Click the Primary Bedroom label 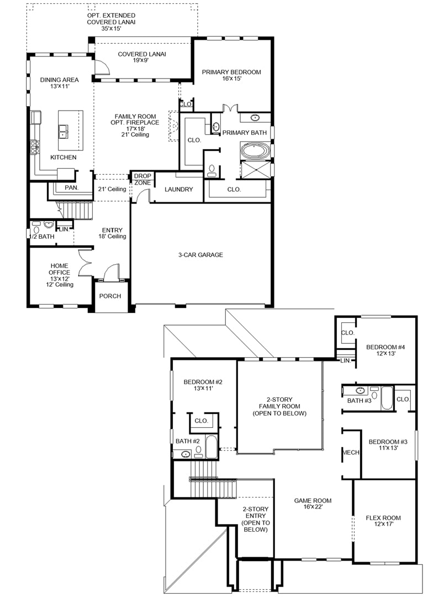[x=231, y=75]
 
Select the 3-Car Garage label [x=200, y=255]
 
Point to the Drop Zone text [x=142, y=179]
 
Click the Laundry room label [x=179, y=189]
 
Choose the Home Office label [x=59, y=275]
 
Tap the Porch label [x=110, y=296]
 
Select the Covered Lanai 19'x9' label [x=141, y=57]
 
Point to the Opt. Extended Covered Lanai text [x=111, y=22]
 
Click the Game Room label [x=313, y=504]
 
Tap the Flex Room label [x=383, y=521]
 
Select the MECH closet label [x=351, y=452]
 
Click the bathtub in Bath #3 [x=387, y=398]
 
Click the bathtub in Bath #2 [x=211, y=447]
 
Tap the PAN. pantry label [x=72, y=188]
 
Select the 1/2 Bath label [x=42, y=237]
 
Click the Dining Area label [x=59, y=83]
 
